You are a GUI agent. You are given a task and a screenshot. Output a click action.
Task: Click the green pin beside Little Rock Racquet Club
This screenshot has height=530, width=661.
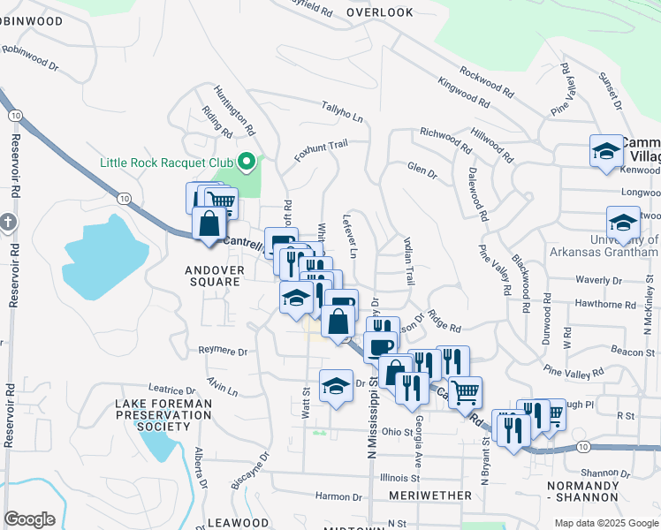(x=247, y=162)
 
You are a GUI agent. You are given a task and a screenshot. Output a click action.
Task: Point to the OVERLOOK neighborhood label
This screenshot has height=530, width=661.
(x=380, y=12)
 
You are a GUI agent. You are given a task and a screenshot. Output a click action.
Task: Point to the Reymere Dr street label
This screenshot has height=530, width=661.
(x=223, y=351)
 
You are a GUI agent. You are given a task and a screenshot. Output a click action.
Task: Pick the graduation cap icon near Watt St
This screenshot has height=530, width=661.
(x=336, y=385)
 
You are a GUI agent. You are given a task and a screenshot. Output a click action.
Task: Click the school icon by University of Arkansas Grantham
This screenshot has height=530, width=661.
(x=623, y=223)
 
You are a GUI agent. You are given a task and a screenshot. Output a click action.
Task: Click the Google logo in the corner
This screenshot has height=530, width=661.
(x=29, y=519)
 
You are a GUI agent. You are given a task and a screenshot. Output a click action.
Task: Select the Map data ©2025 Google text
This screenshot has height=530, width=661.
(x=605, y=523)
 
